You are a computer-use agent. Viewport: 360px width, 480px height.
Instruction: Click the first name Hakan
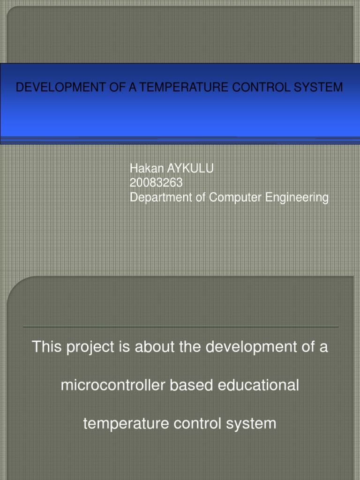point(143,169)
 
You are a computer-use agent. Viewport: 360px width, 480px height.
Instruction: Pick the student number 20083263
point(156,183)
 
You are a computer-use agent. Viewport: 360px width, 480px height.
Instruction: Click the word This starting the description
point(47,347)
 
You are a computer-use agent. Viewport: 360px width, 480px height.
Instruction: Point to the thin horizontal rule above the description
point(180,326)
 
